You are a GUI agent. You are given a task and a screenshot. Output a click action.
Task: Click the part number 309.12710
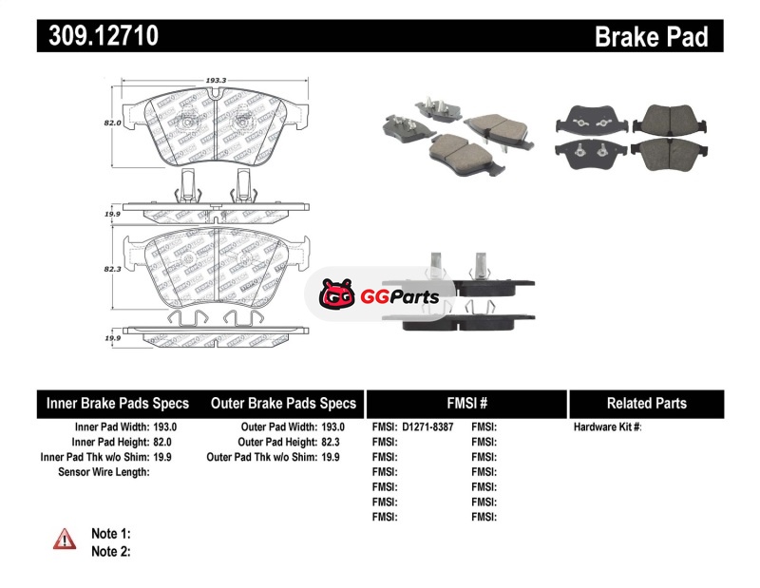pos(98,36)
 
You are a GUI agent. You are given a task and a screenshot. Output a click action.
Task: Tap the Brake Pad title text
pos(652,36)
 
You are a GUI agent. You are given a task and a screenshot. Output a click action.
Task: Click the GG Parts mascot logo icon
pos(336,295)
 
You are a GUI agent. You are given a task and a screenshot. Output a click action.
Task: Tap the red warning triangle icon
pos(65,539)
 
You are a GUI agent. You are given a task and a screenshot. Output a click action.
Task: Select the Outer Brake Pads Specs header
pos(283,403)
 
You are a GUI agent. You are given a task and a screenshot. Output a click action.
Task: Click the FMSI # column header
pos(466,403)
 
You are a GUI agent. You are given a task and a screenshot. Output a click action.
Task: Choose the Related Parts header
pos(646,403)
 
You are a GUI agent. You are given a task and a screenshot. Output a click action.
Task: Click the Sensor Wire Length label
pos(104,471)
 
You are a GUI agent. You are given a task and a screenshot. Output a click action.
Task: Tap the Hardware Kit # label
pos(607,427)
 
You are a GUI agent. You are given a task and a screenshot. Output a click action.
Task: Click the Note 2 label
pos(110,551)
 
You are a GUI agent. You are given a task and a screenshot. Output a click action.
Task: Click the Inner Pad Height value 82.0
pos(165,442)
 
